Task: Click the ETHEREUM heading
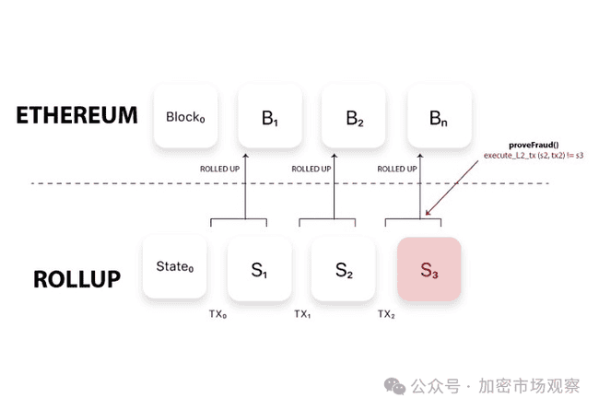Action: pos(76,116)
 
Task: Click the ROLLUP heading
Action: pos(77,278)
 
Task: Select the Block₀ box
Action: pos(185,117)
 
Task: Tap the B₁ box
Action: pos(269,117)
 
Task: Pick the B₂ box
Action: pos(355,117)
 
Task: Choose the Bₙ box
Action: pos(439,117)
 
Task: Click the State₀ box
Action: pos(175,267)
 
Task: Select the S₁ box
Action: pos(259,270)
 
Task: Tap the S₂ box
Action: pos(343,270)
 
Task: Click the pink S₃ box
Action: pos(429,269)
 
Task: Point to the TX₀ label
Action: pos(217,314)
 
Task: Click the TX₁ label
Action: pos(302,314)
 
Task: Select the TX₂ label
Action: pos(386,314)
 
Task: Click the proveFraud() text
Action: pos(528,146)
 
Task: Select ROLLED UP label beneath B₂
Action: pos(311,170)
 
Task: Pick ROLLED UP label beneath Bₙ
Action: pos(398,170)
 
